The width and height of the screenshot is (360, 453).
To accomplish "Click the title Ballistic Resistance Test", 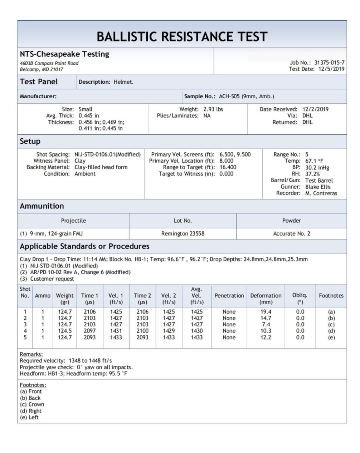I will [x=182, y=37].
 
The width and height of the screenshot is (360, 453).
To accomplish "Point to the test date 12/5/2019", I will [x=331, y=69].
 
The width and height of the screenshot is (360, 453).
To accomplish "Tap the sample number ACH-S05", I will [x=229, y=96].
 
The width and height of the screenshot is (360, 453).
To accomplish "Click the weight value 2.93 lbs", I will [x=213, y=109].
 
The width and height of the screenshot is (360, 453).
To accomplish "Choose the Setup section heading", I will [x=30, y=141].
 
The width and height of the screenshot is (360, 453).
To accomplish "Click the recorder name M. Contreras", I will [x=321, y=193].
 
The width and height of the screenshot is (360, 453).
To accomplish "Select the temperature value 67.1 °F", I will [x=314, y=161].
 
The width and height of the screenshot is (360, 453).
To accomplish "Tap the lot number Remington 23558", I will [x=183, y=233].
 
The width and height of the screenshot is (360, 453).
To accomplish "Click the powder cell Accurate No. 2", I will [x=292, y=233].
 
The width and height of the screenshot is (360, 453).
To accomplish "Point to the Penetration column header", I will [x=229, y=296].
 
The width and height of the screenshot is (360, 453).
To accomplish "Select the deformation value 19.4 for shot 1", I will [x=266, y=312].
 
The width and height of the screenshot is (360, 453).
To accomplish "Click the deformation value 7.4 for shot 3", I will [x=266, y=325].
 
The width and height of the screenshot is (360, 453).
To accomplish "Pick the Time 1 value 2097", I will [x=89, y=331].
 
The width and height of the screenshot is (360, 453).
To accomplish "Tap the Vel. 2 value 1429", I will [x=169, y=331].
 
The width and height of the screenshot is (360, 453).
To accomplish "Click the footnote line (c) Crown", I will [x=32, y=404].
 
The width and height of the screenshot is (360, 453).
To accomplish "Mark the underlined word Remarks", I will [x=31, y=354].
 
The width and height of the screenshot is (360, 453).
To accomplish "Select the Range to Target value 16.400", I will [x=228, y=167].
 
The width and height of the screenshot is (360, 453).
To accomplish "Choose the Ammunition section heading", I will [x=42, y=206].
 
